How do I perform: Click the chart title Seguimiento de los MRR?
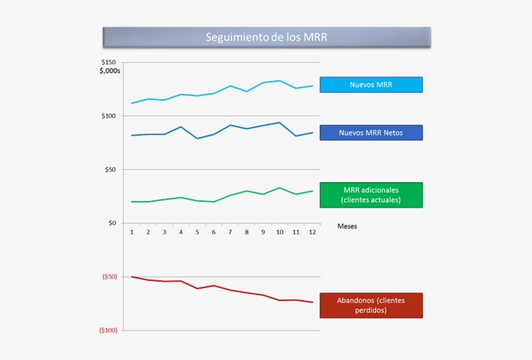click(x=267, y=37)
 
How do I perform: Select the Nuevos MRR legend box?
click(x=371, y=85)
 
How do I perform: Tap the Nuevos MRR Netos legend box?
click(x=371, y=133)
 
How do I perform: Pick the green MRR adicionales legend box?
click(x=371, y=195)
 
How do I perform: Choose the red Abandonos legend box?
click(x=371, y=306)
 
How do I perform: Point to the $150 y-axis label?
click(x=108, y=62)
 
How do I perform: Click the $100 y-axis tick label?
click(x=108, y=116)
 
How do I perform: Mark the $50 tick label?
click(x=110, y=169)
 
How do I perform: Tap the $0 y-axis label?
click(x=112, y=223)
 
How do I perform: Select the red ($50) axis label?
click(x=109, y=277)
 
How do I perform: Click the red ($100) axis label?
click(x=108, y=330)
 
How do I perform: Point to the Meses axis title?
click(x=347, y=226)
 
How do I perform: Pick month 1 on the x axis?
click(x=132, y=232)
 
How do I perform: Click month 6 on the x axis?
click(x=213, y=232)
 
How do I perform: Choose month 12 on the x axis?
click(x=312, y=232)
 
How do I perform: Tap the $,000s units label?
click(x=110, y=71)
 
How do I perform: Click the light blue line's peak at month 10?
click(x=279, y=80)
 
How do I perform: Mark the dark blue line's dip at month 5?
click(x=197, y=138)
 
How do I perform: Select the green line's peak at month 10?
click(x=279, y=187)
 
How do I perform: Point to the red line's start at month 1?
click(x=132, y=276)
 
